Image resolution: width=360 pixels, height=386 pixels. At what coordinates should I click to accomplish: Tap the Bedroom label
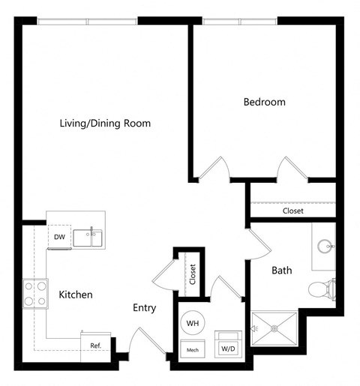(x=264, y=102)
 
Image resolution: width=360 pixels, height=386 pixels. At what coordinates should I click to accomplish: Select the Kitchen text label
(x=75, y=295)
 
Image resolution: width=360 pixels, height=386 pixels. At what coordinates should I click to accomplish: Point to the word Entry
(x=144, y=308)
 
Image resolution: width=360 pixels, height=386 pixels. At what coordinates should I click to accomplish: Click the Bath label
(x=281, y=270)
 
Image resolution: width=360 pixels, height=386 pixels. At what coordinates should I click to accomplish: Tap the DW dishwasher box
(x=58, y=238)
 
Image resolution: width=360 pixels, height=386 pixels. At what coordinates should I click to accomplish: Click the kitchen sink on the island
(x=93, y=238)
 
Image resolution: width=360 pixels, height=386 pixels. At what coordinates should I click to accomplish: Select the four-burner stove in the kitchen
(x=34, y=293)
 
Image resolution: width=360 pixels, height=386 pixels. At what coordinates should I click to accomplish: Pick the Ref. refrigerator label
(x=95, y=346)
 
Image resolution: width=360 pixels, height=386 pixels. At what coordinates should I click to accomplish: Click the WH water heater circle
(x=193, y=322)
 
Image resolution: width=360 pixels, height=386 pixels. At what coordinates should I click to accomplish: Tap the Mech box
(x=193, y=349)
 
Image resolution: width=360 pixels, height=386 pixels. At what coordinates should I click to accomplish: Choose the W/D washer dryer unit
(x=226, y=346)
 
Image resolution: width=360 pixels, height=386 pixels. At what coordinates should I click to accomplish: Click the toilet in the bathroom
(x=322, y=288)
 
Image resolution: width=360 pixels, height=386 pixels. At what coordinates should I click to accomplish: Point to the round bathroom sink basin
(x=325, y=246)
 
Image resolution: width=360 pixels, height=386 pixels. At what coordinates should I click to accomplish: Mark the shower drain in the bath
(x=274, y=328)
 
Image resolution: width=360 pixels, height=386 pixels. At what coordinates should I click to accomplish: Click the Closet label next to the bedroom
(x=292, y=211)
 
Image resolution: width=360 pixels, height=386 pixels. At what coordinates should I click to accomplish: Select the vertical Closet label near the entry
(x=193, y=275)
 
